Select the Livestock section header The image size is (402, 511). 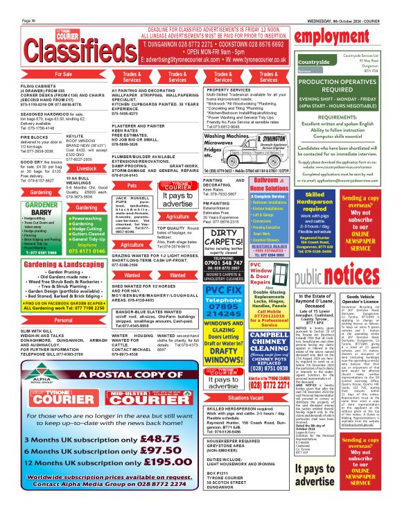click(87, 168)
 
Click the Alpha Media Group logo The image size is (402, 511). click(42, 370)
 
